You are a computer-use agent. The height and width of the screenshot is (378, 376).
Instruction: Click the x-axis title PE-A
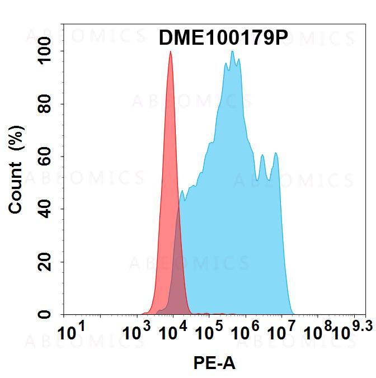(214, 363)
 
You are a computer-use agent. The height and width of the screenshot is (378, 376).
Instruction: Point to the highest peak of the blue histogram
(232, 51)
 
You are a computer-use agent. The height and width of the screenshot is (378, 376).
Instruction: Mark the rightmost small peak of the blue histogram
(275, 153)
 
